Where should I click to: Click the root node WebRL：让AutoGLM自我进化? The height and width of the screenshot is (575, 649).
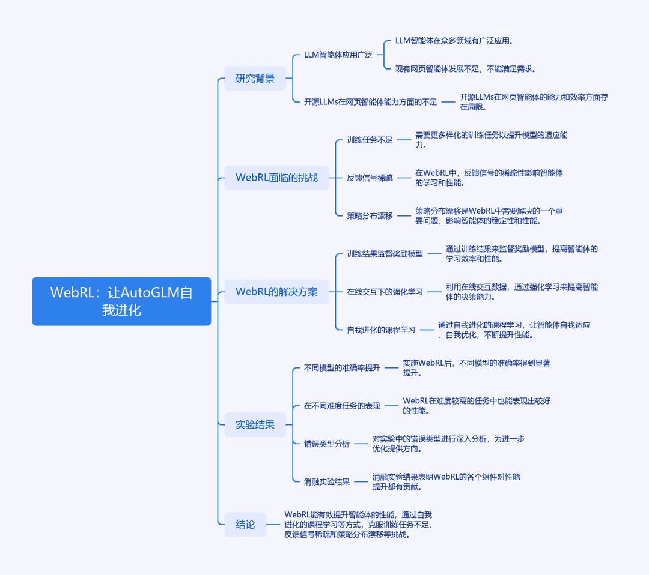click(x=121, y=301)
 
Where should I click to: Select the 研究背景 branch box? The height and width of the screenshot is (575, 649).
click(x=255, y=79)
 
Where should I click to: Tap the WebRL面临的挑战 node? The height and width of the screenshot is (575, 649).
click(x=276, y=178)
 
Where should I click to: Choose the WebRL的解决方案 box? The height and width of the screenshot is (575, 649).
click(x=276, y=292)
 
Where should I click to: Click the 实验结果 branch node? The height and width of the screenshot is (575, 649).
click(x=255, y=424)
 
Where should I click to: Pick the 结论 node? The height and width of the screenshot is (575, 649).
click(x=245, y=525)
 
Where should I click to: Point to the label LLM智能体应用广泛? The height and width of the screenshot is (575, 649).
click(x=338, y=55)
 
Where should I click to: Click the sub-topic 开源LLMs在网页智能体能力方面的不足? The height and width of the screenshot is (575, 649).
click(x=370, y=101)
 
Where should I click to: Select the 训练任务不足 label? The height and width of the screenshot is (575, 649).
click(x=370, y=140)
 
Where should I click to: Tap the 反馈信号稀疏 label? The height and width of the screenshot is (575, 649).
click(x=370, y=178)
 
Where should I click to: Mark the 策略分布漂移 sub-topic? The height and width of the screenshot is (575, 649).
click(x=370, y=216)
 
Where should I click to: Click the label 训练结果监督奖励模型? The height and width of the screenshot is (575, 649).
click(x=385, y=254)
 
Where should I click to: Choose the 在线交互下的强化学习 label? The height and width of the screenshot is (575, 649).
click(x=385, y=292)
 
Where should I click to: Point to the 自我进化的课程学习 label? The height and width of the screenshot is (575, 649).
click(x=381, y=330)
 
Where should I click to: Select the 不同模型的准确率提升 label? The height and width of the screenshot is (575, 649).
click(x=342, y=368)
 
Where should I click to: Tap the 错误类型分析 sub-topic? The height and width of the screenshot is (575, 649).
click(x=326, y=444)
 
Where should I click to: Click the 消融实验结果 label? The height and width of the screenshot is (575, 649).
click(x=326, y=481)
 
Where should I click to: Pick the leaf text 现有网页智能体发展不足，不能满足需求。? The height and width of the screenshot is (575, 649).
click(x=466, y=69)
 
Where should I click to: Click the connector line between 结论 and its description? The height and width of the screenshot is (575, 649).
click(x=273, y=525)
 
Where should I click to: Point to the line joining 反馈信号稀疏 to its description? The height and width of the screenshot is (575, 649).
click(x=404, y=178)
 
